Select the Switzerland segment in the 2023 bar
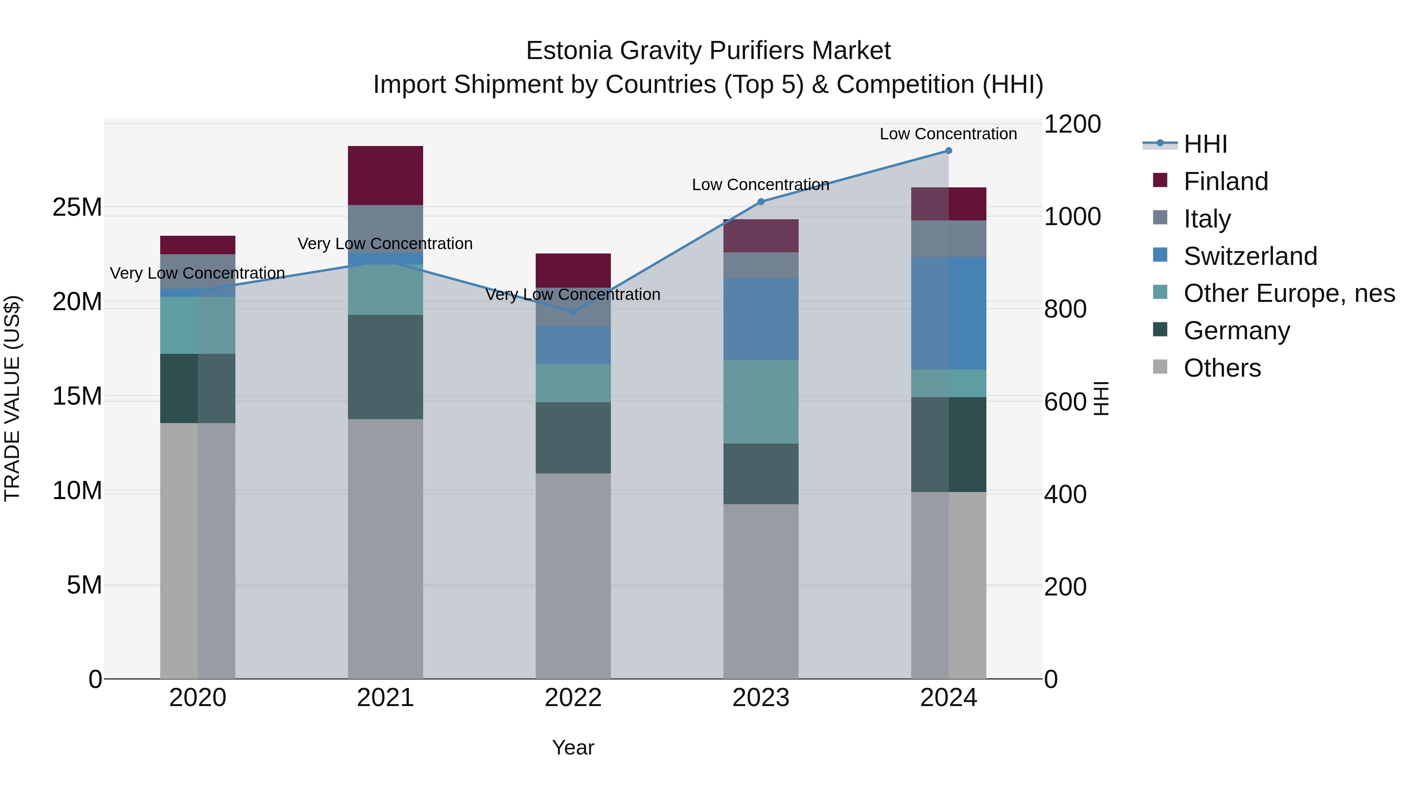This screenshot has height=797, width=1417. click(x=761, y=319)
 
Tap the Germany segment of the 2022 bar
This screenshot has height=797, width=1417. click(x=573, y=437)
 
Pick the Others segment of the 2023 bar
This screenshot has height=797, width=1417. click(x=761, y=591)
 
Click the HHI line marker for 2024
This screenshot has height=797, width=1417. click(x=948, y=151)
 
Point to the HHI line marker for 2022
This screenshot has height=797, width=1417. click(x=573, y=312)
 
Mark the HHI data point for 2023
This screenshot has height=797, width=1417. click(x=761, y=202)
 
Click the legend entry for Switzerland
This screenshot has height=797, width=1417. click(x=1250, y=256)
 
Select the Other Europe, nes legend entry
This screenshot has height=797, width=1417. click(x=1289, y=294)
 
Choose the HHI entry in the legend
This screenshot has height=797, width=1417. click(x=1205, y=144)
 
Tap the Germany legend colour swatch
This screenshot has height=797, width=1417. click(x=1160, y=330)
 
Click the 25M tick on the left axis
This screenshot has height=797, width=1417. click(x=77, y=207)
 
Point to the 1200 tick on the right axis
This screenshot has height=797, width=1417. click(x=1071, y=124)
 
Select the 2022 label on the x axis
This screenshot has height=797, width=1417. click(x=573, y=698)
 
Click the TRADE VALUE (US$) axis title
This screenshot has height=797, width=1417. click(x=13, y=398)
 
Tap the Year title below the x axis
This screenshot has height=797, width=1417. click(x=573, y=747)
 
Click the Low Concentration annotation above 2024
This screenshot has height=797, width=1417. click(x=948, y=134)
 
